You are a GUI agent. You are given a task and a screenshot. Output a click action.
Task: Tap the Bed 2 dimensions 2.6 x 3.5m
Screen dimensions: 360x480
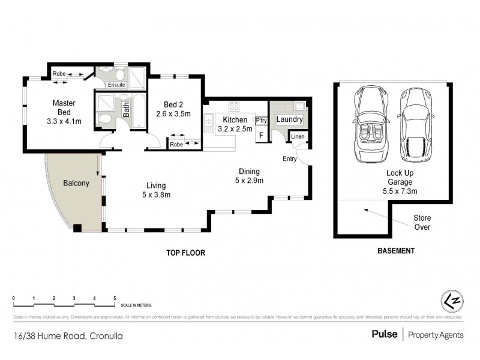173,113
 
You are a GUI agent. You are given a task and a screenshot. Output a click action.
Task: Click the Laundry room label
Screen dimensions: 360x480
289,120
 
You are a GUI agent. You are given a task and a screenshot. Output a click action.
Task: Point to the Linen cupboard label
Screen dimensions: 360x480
298,137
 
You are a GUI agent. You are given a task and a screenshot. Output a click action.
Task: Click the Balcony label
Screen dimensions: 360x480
76,183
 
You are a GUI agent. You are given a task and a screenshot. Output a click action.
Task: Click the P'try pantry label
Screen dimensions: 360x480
261,121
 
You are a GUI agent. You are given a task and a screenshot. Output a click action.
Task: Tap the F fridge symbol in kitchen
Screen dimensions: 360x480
260,135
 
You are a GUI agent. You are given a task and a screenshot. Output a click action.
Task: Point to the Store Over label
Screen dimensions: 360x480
422,222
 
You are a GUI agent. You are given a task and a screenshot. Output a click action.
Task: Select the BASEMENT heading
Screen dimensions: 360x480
395,251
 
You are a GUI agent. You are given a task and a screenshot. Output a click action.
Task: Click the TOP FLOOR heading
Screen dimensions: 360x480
186,253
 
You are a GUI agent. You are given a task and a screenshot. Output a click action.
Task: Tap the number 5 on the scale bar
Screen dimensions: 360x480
115,298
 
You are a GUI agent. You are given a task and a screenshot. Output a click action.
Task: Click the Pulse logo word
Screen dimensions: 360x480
384,335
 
